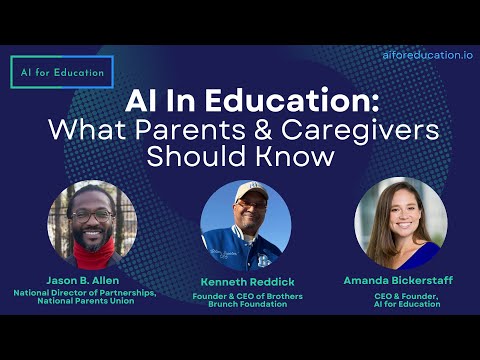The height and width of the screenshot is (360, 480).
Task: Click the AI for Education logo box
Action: coord(62,72)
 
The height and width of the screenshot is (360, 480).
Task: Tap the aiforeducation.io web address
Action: coord(428,55)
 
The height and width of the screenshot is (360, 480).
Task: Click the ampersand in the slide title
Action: coord(263,130)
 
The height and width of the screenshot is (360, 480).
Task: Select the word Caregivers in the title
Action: coord(360,130)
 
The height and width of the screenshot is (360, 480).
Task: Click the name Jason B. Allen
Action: coord(83,280)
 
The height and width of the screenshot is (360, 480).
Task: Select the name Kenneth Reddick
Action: coord(247,282)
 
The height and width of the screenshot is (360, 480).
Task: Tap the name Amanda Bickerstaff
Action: coord(398,280)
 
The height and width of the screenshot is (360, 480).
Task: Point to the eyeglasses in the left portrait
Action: coord(92,216)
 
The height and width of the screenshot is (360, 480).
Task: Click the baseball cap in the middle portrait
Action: coord(251,191)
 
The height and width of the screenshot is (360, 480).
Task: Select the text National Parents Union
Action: coord(86,301)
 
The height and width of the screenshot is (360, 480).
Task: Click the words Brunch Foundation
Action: coord(248,304)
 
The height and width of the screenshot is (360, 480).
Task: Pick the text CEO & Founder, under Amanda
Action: coord(406,296)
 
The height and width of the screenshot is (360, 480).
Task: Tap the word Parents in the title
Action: coord(190,130)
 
